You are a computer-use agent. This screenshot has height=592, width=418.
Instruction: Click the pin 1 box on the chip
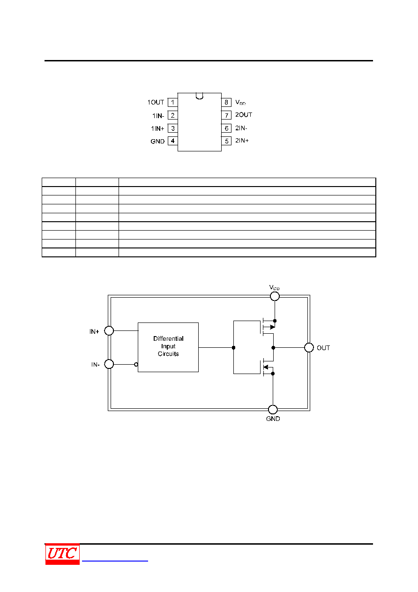(172, 102)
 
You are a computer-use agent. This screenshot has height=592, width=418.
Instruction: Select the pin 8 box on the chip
(226, 102)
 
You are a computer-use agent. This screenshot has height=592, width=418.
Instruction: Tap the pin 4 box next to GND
(172, 141)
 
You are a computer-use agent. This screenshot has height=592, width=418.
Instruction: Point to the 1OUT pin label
(156, 102)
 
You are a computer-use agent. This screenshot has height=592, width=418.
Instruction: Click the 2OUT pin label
(244, 115)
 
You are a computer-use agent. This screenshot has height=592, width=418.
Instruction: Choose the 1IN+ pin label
(157, 128)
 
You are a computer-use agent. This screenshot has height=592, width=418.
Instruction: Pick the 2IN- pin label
(241, 128)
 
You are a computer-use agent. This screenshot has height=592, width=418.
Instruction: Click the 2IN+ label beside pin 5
(242, 141)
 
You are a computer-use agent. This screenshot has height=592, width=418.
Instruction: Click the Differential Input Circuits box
(168, 347)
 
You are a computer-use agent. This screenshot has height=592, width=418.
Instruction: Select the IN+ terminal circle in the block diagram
(109, 330)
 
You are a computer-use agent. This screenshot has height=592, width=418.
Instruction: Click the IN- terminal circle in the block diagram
(109, 364)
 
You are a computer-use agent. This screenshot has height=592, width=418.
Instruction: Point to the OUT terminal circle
(309, 347)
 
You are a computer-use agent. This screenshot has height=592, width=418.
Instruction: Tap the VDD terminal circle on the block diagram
(275, 296)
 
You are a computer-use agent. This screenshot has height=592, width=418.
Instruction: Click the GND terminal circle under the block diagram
(273, 410)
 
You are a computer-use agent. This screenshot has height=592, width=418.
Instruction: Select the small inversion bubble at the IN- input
(136, 365)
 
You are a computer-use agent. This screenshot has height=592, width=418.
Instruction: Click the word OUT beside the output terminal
(323, 348)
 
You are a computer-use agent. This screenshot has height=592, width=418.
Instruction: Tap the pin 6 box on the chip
(226, 128)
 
